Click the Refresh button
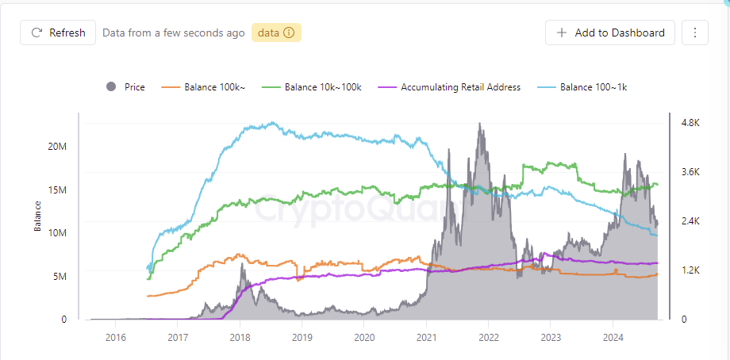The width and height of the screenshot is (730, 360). [58, 33]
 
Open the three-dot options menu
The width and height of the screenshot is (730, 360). [695, 33]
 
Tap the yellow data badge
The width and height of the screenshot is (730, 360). [276, 33]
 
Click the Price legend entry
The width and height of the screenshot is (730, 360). [125, 87]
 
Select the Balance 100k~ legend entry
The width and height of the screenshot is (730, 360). [207, 87]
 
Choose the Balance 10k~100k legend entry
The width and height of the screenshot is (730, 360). [315, 87]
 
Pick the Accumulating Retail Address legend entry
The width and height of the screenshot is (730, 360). [451, 87]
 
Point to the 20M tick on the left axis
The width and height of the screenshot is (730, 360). [57, 147]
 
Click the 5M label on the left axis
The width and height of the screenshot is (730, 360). [60, 276]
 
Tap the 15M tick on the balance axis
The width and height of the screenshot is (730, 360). [57, 190]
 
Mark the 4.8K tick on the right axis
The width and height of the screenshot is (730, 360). [690, 123]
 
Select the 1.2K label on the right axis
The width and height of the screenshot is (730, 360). [690, 270]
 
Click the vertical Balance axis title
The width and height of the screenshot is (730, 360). [37, 215]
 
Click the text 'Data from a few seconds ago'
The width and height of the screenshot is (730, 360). [173, 33]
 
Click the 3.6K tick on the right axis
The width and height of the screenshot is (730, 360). [690, 172]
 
